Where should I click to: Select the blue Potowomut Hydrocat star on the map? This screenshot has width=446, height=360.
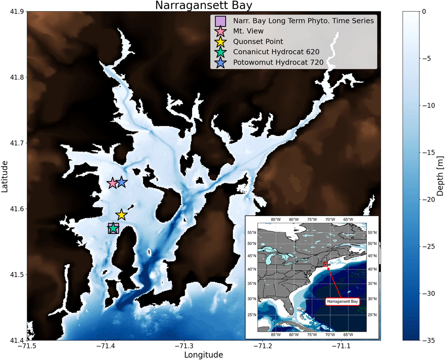click(x=122, y=182)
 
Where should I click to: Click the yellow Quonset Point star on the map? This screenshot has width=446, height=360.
click(x=121, y=215)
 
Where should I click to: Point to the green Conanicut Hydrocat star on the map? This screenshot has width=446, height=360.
click(x=113, y=228)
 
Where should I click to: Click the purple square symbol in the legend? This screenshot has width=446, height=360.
click(x=221, y=21)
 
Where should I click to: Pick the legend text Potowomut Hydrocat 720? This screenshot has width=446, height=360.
click(x=276, y=62)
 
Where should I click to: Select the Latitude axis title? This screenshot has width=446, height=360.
click(x=5, y=176)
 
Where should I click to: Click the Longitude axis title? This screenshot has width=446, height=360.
click(x=204, y=355)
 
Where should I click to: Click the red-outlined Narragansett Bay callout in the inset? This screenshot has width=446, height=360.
click(x=343, y=302)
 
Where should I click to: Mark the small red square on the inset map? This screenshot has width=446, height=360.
click(x=326, y=264)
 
